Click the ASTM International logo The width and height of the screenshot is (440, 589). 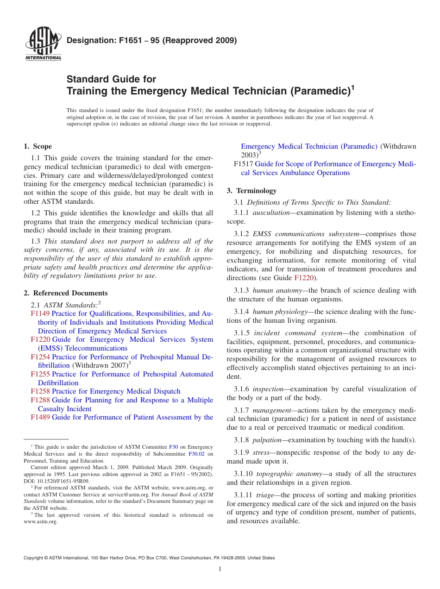pos(43,45)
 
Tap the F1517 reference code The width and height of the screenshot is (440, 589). pos(244,164)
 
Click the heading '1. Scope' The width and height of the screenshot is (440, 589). pos(38,146)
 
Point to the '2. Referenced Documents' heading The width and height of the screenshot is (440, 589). pos(65,293)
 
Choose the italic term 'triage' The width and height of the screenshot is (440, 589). pos(265,495)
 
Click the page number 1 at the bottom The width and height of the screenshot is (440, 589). pos(220,569)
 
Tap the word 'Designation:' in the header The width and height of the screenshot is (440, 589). pos(87,40)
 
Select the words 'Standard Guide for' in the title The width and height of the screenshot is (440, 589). pos(111,79)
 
